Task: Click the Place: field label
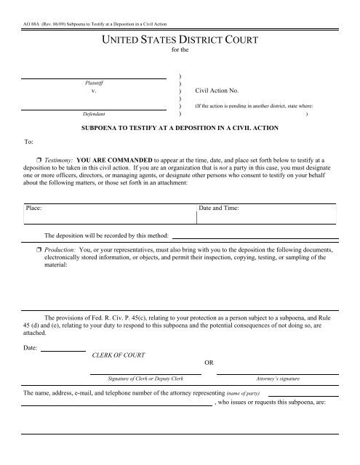pyautogui.click(x=33, y=209)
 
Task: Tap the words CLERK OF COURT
pyautogui.click(x=119, y=375)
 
